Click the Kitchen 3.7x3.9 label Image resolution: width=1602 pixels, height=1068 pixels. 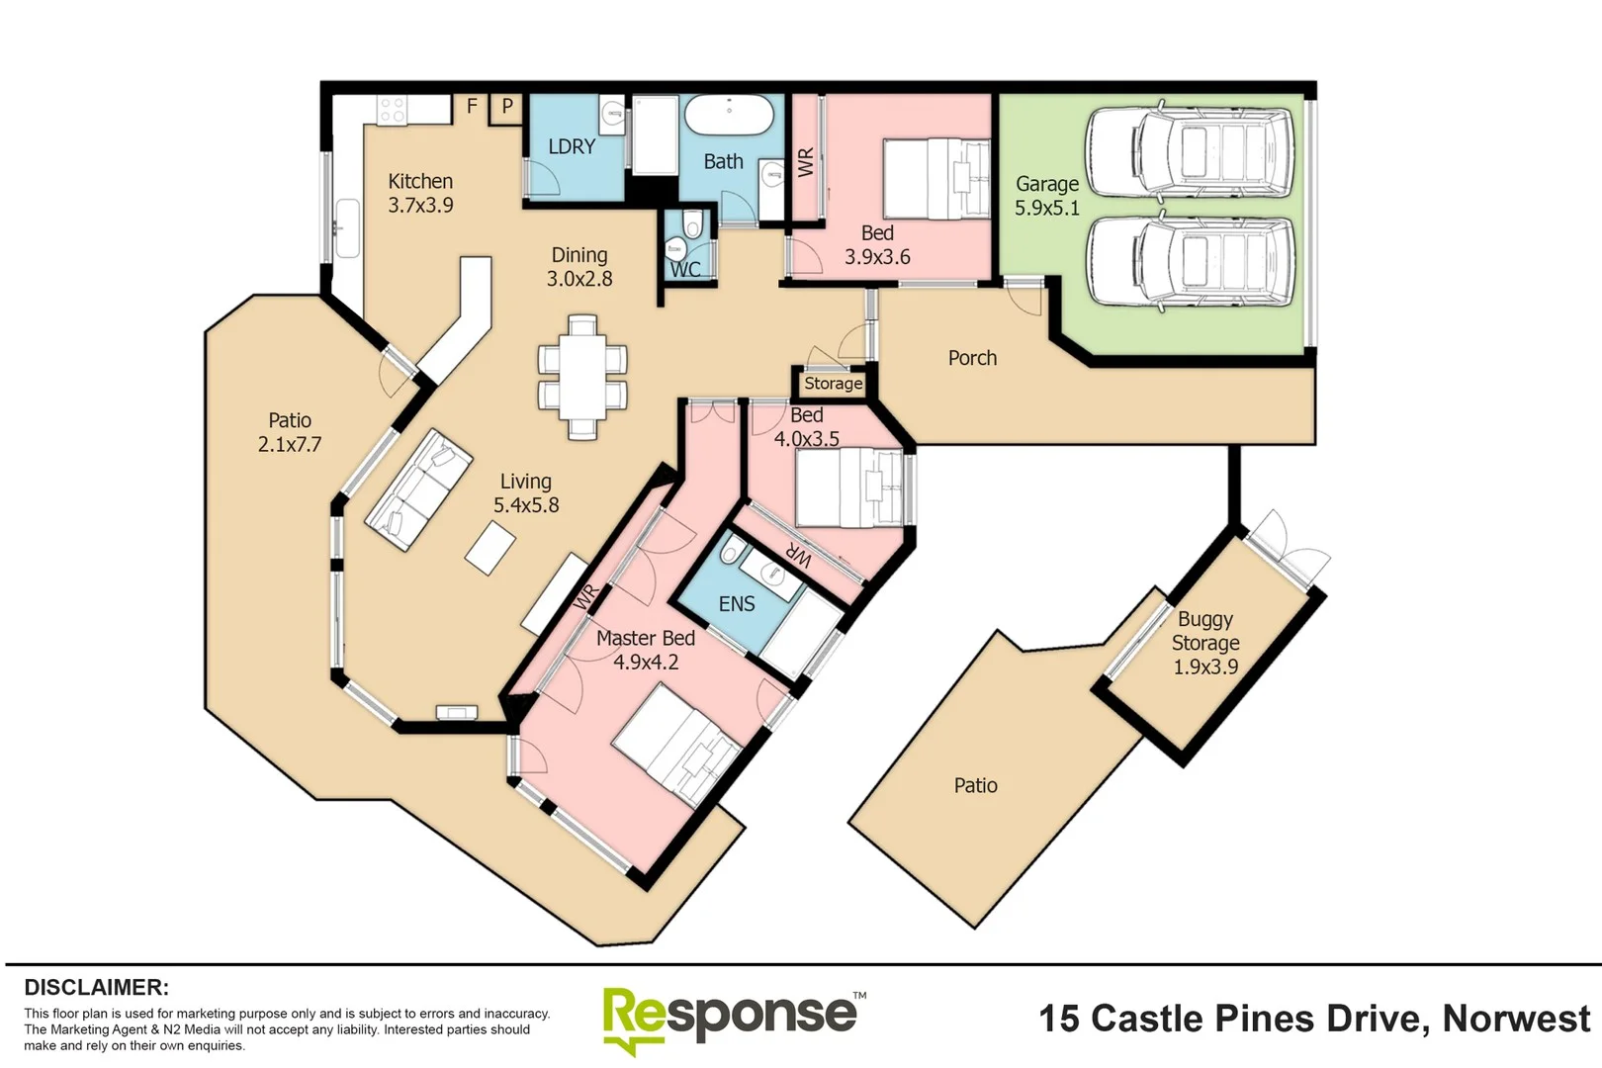tap(420, 194)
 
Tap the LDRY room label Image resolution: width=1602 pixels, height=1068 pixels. tap(572, 146)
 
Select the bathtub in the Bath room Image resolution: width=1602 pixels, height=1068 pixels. tap(729, 116)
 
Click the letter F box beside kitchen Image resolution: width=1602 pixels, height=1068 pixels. tap(472, 106)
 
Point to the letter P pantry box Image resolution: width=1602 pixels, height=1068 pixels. tap(507, 106)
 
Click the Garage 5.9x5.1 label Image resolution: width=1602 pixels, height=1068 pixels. tap(1047, 196)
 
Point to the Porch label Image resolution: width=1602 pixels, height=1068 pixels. tap(972, 358)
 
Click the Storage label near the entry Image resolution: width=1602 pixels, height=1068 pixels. tap(833, 384)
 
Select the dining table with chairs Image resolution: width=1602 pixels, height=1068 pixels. tap(582, 376)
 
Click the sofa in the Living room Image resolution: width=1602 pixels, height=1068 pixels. tap(419, 489)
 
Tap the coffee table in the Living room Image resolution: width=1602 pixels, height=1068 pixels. tap(490, 548)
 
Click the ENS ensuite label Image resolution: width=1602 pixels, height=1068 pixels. tap(736, 604)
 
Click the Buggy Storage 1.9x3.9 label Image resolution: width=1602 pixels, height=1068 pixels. tap(1205, 643)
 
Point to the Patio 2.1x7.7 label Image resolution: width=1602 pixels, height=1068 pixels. tap(290, 432)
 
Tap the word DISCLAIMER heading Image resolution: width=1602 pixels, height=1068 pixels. tap(96, 987)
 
